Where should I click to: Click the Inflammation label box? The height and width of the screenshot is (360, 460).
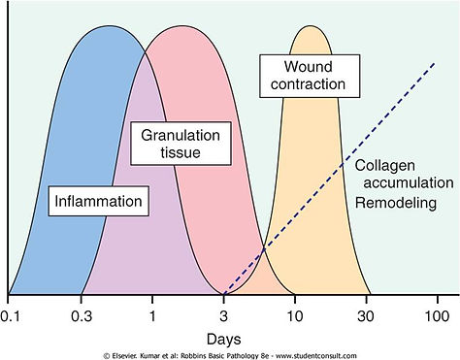(x=101, y=202)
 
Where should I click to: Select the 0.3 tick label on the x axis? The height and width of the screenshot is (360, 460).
(x=82, y=315)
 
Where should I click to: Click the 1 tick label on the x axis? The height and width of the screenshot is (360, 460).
(x=152, y=315)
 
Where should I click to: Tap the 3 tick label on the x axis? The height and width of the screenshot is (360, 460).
(x=224, y=315)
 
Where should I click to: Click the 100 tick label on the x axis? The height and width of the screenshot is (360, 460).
(x=436, y=315)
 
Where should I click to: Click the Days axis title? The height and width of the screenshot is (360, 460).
(x=224, y=339)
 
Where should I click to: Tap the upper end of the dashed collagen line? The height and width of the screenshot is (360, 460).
(x=434, y=64)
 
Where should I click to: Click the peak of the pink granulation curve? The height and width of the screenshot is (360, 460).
(x=184, y=27)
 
